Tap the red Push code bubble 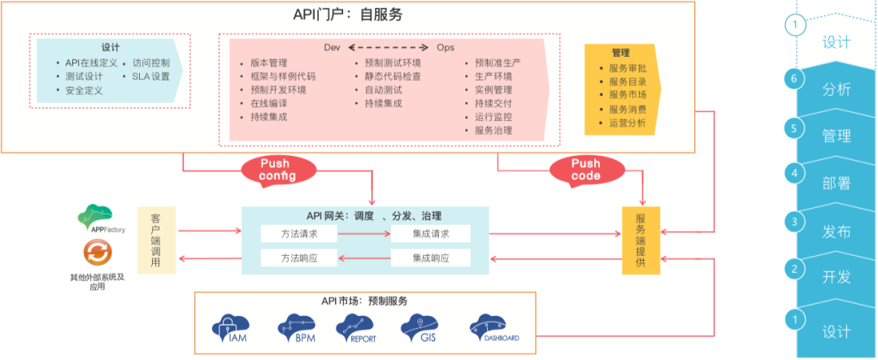click(x=585, y=169)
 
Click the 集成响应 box click(x=431, y=258)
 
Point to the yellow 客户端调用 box click(x=156, y=241)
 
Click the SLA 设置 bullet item click(x=150, y=76)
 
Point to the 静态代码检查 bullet click(x=392, y=76)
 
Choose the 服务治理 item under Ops click(x=493, y=130)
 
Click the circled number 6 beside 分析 click(x=794, y=79)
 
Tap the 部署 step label click(x=837, y=184)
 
